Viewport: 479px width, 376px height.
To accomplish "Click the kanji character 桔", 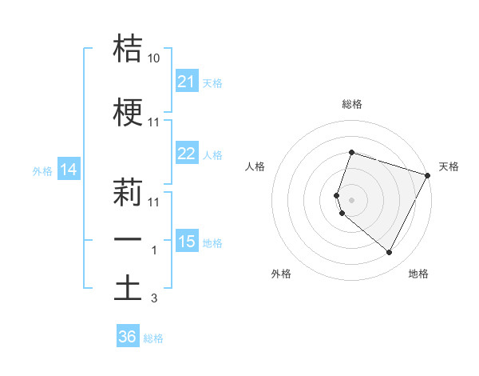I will [x=128, y=49].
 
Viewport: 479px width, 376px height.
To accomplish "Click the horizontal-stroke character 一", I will [x=128, y=240].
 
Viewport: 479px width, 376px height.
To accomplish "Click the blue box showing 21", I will [x=187, y=82].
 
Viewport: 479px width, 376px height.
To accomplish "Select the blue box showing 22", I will [x=187, y=154].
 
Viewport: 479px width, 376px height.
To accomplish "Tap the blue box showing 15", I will [x=187, y=242].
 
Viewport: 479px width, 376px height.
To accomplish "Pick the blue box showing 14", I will [x=69, y=170].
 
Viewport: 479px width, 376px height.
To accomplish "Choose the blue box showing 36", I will [x=128, y=337].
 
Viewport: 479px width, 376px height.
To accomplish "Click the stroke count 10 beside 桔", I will [x=154, y=58].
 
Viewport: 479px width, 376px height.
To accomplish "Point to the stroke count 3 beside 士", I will [x=153, y=298].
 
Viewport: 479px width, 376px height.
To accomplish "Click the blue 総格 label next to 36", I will [x=153, y=338].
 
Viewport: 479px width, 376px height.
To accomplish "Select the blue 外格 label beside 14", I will [x=42, y=170].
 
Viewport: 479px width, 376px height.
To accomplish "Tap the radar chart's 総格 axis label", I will [x=351, y=104].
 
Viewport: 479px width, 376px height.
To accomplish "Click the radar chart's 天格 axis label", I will [x=449, y=166].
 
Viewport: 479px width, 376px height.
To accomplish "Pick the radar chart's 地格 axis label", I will [x=418, y=274].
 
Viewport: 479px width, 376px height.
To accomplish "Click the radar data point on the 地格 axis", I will [x=389, y=253].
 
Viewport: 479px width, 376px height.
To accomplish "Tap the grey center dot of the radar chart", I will [x=351, y=198].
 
